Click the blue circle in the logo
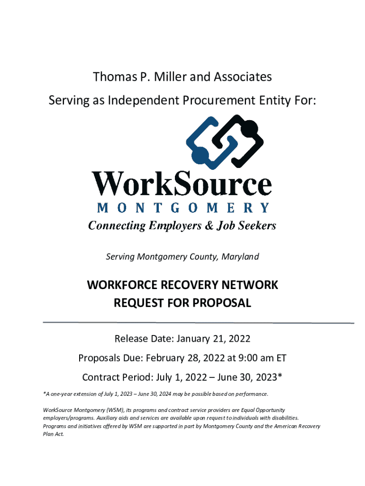coord(200,155)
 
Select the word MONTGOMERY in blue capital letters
coord(183,207)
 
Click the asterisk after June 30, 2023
coord(280,376)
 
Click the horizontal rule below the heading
coord(198,323)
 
